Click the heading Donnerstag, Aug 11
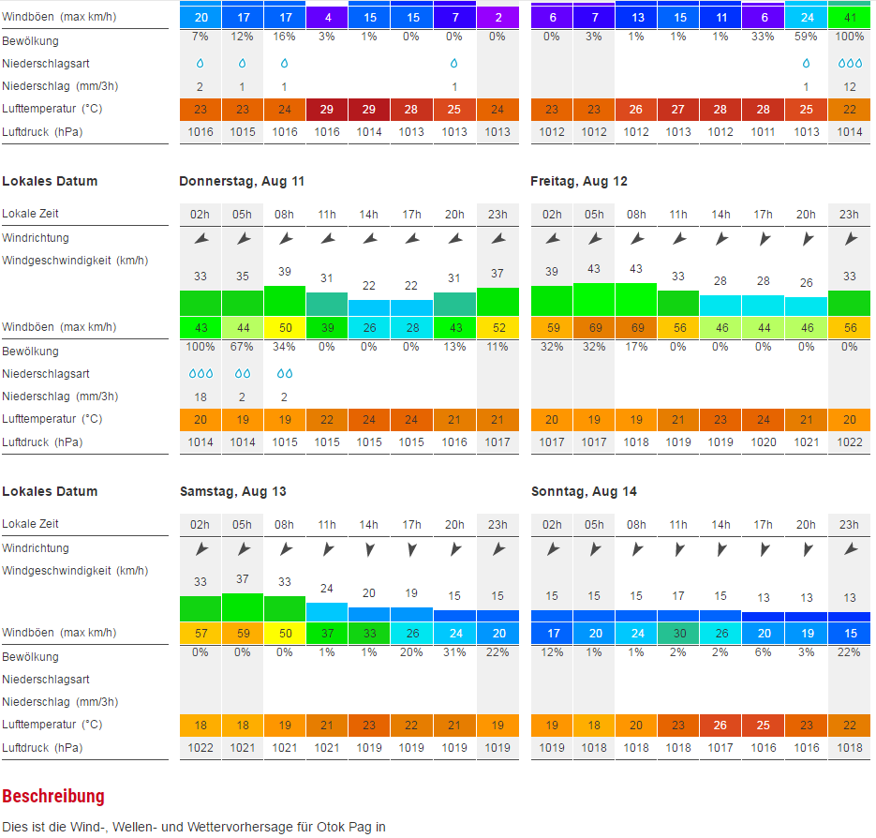pos(242,181)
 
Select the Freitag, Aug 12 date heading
pos(579,181)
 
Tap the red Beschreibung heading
pos(53,797)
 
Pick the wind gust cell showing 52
pos(497,327)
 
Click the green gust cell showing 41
pos(849,17)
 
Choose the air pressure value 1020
pos(764,441)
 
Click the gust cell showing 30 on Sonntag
pos(678,633)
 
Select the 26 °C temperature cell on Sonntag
pos(720,725)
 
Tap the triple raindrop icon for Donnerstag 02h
pos(200,373)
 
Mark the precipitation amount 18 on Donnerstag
pos(200,397)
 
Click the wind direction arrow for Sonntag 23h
pos(849,548)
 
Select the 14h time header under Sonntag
pos(720,525)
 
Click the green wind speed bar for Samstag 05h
pos(243,606)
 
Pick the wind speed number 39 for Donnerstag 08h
pos(285,271)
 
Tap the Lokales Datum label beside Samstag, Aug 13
pos(50,491)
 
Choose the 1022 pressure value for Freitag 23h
pos(849,441)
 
